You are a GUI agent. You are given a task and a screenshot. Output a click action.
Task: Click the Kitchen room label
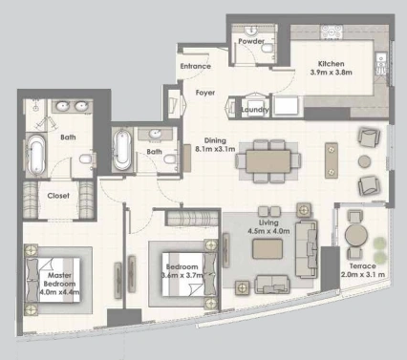[332, 64]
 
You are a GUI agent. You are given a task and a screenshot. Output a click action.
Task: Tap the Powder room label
[251, 41]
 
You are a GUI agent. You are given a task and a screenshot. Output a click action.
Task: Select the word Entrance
[196, 66]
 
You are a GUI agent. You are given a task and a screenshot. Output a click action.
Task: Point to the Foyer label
[205, 93]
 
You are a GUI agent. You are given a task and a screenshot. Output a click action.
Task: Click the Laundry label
[255, 110]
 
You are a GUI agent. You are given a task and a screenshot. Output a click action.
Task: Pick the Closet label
[58, 196]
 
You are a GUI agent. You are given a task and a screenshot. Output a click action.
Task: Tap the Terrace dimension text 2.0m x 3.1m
[363, 274]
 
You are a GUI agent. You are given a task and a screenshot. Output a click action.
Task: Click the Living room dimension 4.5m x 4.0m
[268, 231]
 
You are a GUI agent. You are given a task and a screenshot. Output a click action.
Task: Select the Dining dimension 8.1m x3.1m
[215, 149]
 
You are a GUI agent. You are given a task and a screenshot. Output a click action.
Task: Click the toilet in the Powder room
[266, 49]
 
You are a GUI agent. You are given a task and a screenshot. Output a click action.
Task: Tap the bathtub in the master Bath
[35, 155]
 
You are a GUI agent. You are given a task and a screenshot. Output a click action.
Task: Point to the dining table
[268, 161]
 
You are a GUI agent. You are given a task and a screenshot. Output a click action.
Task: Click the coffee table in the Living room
[268, 249]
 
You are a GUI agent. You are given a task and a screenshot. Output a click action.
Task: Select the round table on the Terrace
[356, 236]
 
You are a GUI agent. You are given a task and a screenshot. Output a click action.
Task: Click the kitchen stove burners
[332, 32]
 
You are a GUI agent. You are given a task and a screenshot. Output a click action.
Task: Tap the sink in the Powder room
[251, 31]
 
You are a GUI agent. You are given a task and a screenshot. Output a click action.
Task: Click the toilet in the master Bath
[86, 159]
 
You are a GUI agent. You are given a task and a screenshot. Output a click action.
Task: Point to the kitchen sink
[380, 64]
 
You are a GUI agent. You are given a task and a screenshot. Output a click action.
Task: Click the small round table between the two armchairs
[365, 161]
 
